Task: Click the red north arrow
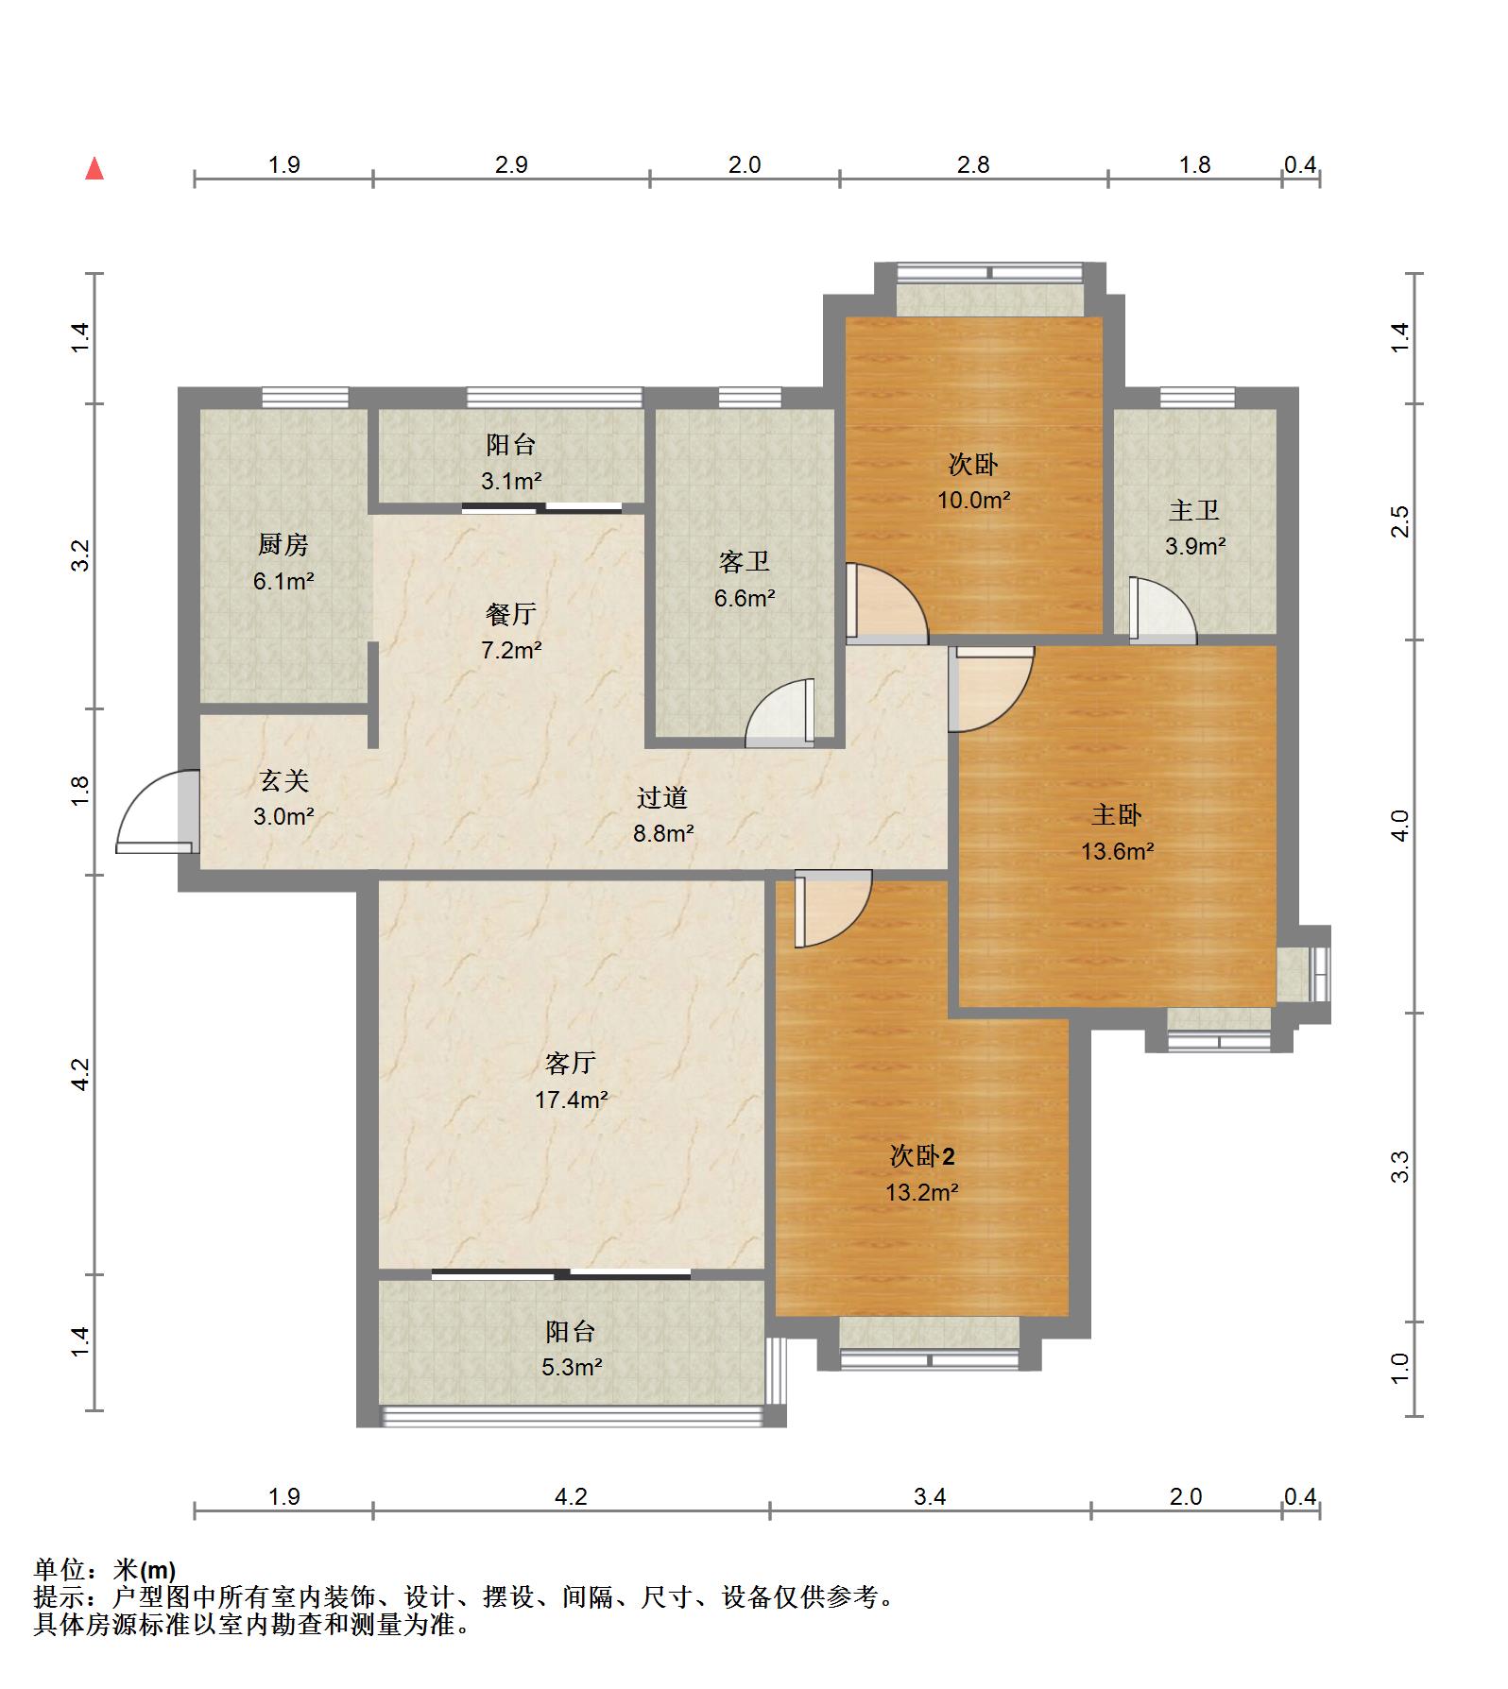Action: [94, 169]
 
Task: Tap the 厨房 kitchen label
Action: [283, 545]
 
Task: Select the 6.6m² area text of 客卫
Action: [745, 598]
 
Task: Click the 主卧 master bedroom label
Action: [1117, 815]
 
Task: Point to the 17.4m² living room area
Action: [571, 1100]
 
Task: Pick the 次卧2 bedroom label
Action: [922, 1156]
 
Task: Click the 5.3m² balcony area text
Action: [572, 1367]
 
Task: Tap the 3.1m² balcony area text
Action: [511, 481]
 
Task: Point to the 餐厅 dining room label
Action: [511, 615]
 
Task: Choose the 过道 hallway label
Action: [662, 798]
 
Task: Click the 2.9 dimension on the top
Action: [511, 165]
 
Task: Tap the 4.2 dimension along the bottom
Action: [571, 1497]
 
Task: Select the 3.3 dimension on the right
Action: [1400, 1168]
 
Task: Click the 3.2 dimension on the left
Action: [81, 555]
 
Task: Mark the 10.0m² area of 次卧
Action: [974, 500]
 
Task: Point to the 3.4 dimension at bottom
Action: [930, 1497]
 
